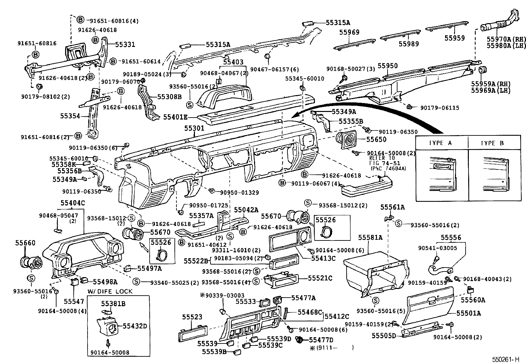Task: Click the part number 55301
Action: (194, 128)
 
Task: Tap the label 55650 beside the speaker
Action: (376, 139)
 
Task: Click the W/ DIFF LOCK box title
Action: (110, 291)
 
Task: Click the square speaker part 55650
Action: (346, 140)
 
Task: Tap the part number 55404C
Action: (73, 203)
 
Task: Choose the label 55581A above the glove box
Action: (370, 237)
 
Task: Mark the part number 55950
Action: (388, 66)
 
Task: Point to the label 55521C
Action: (320, 278)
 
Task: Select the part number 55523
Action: (192, 317)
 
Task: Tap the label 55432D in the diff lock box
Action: (135, 326)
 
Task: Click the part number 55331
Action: (125, 44)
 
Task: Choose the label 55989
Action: (409, 44)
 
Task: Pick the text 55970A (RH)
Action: (506, 39)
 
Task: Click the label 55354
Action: (70, 116)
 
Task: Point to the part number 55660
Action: (25, 243)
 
